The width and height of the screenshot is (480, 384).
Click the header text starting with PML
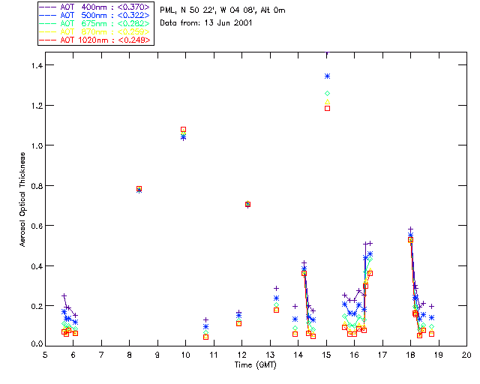pos(223,10)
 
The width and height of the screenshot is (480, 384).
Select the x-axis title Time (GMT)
pos(256,364)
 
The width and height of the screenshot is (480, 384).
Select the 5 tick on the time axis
pos(45,354)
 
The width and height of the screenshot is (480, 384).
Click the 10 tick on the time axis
pos(185,354)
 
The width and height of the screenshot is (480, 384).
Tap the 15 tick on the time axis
pos(326,354)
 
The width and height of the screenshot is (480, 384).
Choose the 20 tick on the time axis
pos(466,354)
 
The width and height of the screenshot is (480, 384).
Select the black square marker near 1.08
pos(184,130)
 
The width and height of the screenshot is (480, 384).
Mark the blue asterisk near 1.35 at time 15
pos(327,76)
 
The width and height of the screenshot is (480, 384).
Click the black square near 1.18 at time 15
pos(327,108)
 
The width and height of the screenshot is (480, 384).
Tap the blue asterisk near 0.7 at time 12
pos(247,204)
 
